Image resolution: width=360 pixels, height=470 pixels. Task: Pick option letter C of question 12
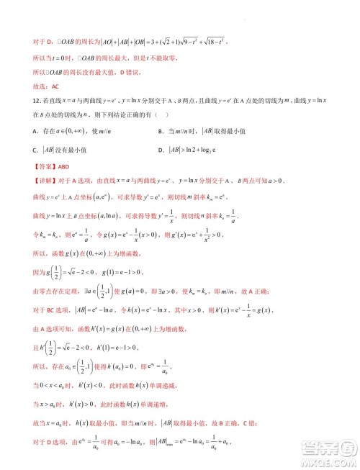coord(35,150)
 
